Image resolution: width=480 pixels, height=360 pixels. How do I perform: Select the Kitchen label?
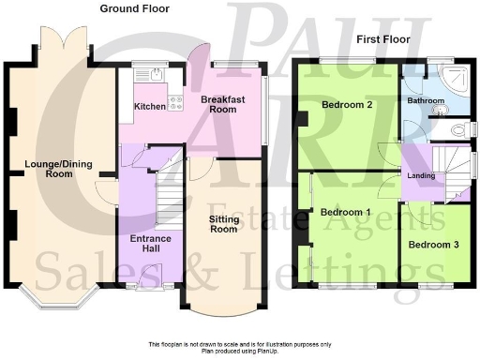click(149, 107)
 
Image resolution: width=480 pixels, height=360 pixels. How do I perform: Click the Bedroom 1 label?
click(346, 212)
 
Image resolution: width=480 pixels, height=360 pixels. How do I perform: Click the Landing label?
click(419, 174)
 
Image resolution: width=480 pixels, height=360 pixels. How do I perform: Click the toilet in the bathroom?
click(457, 129)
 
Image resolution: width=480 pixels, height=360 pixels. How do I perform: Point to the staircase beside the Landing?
click(453, 169)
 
